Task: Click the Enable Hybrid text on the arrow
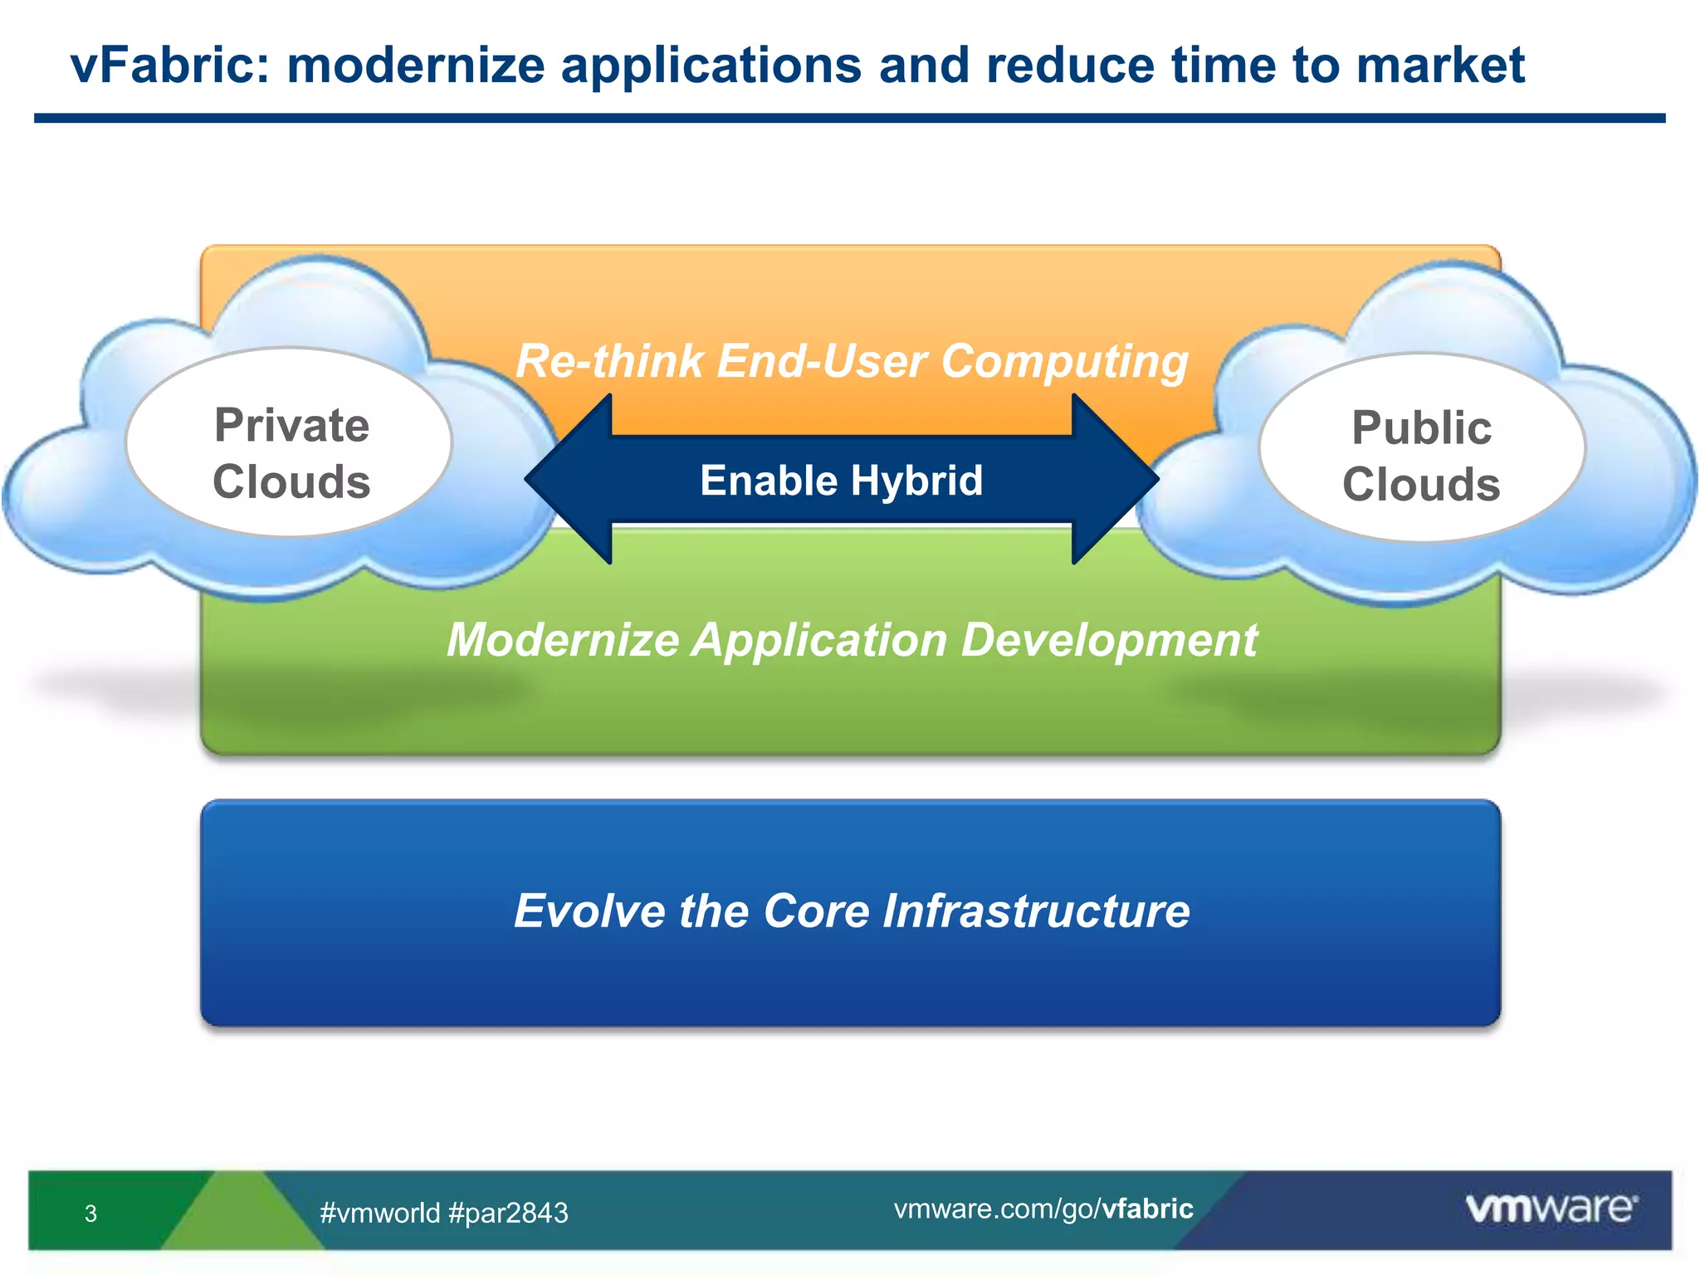(841, 481)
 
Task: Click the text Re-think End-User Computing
(852, 361)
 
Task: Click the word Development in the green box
(1109, 640)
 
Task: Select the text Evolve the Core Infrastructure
(852, 911)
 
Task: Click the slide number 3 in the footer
(91, 1214)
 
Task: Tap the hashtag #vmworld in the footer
(379, 1213)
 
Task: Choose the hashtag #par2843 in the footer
(508, 1213)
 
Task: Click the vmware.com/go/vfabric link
(1043, 1209)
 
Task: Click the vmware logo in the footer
(1551, 1208)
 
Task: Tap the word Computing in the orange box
(1064, 361)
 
